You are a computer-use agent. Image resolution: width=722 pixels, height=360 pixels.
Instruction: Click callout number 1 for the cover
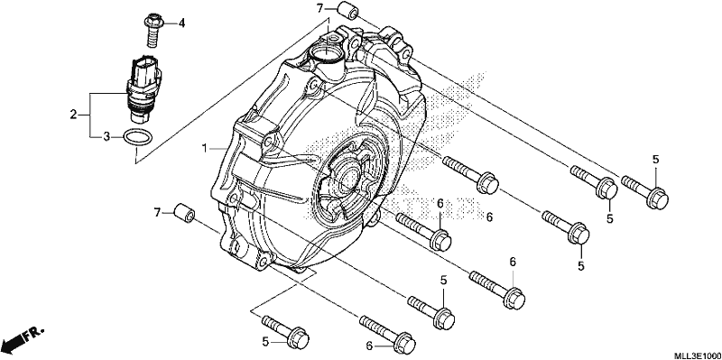click(204, 148)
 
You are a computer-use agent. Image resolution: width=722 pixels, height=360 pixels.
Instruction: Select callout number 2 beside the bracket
click(73, 115)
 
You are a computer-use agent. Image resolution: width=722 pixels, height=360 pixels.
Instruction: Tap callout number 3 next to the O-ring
click(106, 137)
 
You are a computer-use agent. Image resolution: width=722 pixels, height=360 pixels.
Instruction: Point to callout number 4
click(181, 23)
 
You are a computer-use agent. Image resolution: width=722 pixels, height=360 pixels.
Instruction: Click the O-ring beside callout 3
click(137, 138)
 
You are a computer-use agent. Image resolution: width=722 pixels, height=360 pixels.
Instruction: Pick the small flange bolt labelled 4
click(153, 31)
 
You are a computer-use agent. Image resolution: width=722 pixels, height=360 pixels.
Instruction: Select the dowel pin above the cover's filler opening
click(347, 10)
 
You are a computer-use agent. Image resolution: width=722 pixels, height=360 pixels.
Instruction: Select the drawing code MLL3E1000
click(697, 355)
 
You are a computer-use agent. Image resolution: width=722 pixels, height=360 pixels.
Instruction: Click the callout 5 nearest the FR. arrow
click(265, 342)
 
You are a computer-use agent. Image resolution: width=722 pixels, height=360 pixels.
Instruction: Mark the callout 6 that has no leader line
click(489, 217)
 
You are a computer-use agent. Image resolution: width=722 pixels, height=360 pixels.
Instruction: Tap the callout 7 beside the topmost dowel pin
click(319, 8)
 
